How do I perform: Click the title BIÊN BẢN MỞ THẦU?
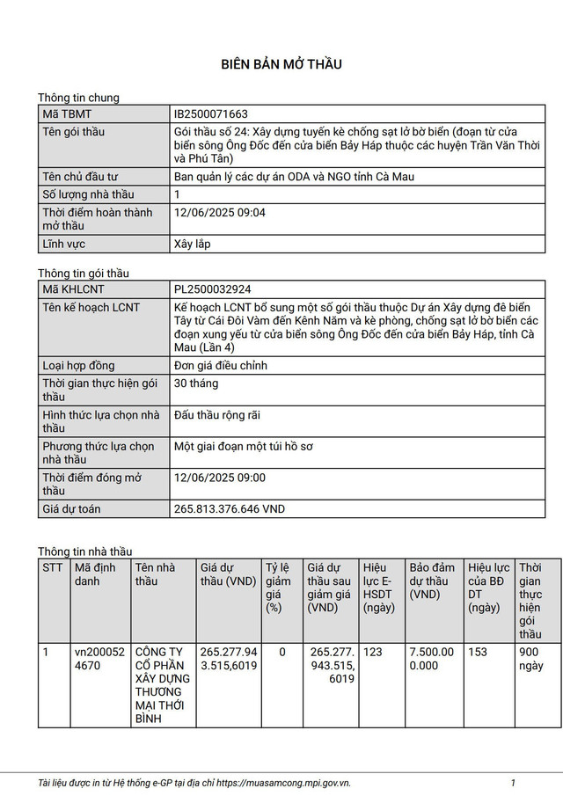281,64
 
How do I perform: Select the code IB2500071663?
211,114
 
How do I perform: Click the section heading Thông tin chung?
78,98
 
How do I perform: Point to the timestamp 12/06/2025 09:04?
220,213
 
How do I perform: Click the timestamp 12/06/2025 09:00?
220,478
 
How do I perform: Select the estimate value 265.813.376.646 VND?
230,509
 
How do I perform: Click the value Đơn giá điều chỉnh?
220,365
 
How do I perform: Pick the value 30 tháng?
196,383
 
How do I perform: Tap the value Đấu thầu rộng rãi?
217,415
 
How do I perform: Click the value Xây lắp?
193,244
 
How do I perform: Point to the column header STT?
53,568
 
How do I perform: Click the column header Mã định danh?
95,574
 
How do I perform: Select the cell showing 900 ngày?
531,659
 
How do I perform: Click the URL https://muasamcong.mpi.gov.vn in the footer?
283,782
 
